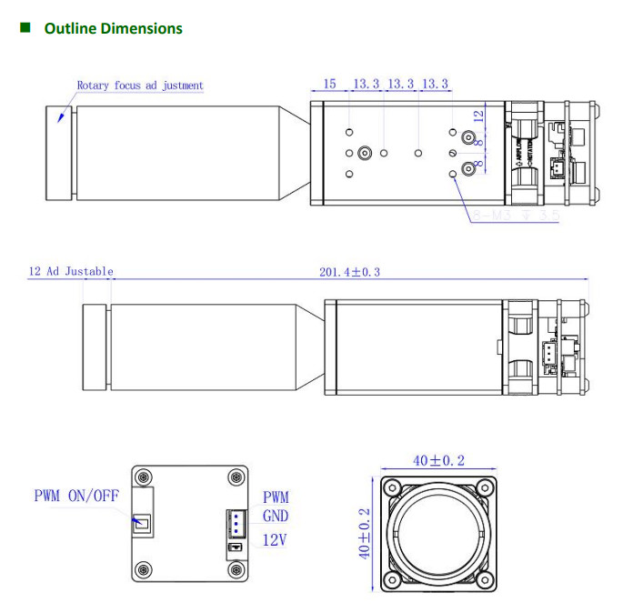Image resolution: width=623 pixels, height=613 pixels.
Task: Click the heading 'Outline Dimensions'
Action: pos(113,28)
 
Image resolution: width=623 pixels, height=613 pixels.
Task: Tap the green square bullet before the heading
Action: pos(25,28)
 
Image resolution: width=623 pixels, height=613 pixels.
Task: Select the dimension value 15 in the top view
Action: pos(329,84)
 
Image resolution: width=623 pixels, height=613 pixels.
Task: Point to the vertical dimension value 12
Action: pos(478,116)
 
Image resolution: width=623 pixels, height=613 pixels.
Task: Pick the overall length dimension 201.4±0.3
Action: pos(349,271)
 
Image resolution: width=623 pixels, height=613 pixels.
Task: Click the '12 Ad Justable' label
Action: pos(71,271)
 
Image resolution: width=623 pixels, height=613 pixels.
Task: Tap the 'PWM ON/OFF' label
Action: pos(77,496)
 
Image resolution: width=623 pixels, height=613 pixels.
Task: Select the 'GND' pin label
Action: pos(276,516)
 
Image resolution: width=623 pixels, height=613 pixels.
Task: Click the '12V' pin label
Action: pos(275,539)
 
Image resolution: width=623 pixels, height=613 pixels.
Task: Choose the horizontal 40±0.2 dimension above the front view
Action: pos(438,461)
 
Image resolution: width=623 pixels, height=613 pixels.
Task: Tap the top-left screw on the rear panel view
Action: pos(144,477)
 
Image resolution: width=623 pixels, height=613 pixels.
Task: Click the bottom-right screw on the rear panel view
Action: pos(236,570)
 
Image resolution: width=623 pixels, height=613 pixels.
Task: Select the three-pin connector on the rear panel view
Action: pos(233,525)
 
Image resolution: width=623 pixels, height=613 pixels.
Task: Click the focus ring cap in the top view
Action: pos(59,153)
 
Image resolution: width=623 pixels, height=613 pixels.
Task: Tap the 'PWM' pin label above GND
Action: pos(276,497)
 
